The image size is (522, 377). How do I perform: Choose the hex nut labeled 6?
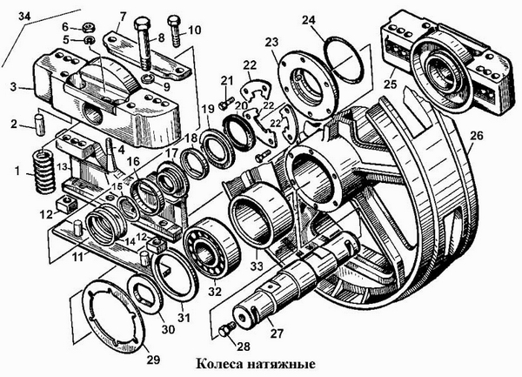90,26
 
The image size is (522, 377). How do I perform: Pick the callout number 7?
122,17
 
